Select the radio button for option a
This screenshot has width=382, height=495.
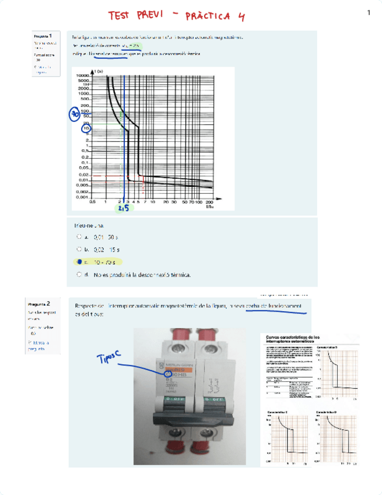(x=79, y=237)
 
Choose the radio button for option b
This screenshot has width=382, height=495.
(x=79, y=249)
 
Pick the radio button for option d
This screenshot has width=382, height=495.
(x=79, y=274)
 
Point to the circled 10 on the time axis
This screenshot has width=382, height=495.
(x=86, y=128)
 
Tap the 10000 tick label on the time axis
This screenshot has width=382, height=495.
(x=82, y=76)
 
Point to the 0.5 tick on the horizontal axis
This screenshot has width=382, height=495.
(x=92, y=203)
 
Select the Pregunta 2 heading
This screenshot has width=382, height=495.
(x=41, y=304)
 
